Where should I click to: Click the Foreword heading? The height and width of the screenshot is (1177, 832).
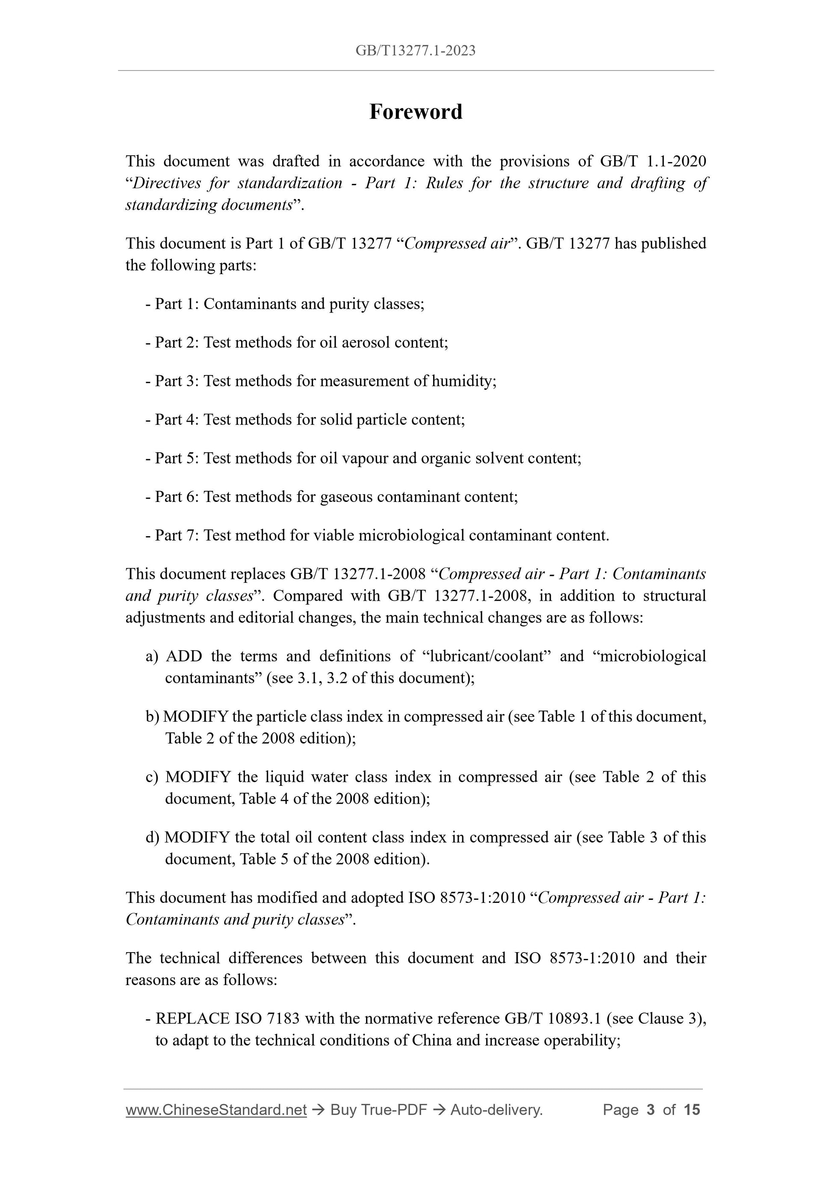(x=416, y=112)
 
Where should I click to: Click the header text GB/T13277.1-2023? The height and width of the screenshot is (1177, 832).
(x=416, y=50)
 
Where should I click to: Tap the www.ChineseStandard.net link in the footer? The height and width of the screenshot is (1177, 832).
(x=216, y=1110)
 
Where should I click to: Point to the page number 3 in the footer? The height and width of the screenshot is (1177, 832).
(x=651, y=1110)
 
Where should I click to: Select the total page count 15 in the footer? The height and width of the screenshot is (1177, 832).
(x=691, y=1110)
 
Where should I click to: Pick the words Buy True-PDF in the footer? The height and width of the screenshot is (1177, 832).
(x=378, y=1110)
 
